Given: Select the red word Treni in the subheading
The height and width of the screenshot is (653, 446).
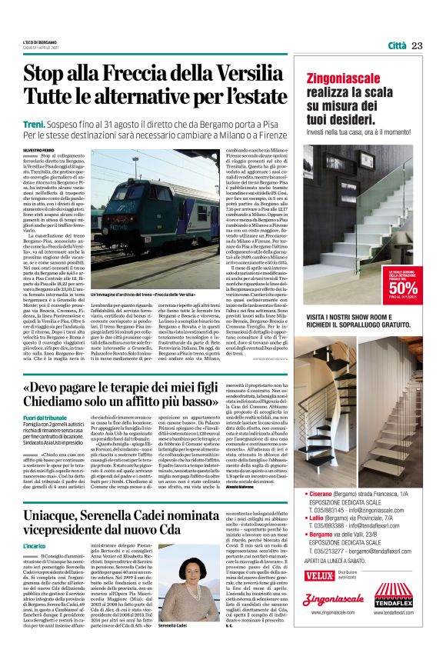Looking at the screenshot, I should [x=34, y=123].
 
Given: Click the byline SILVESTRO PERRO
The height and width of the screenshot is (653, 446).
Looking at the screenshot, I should [x=39, y=149].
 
